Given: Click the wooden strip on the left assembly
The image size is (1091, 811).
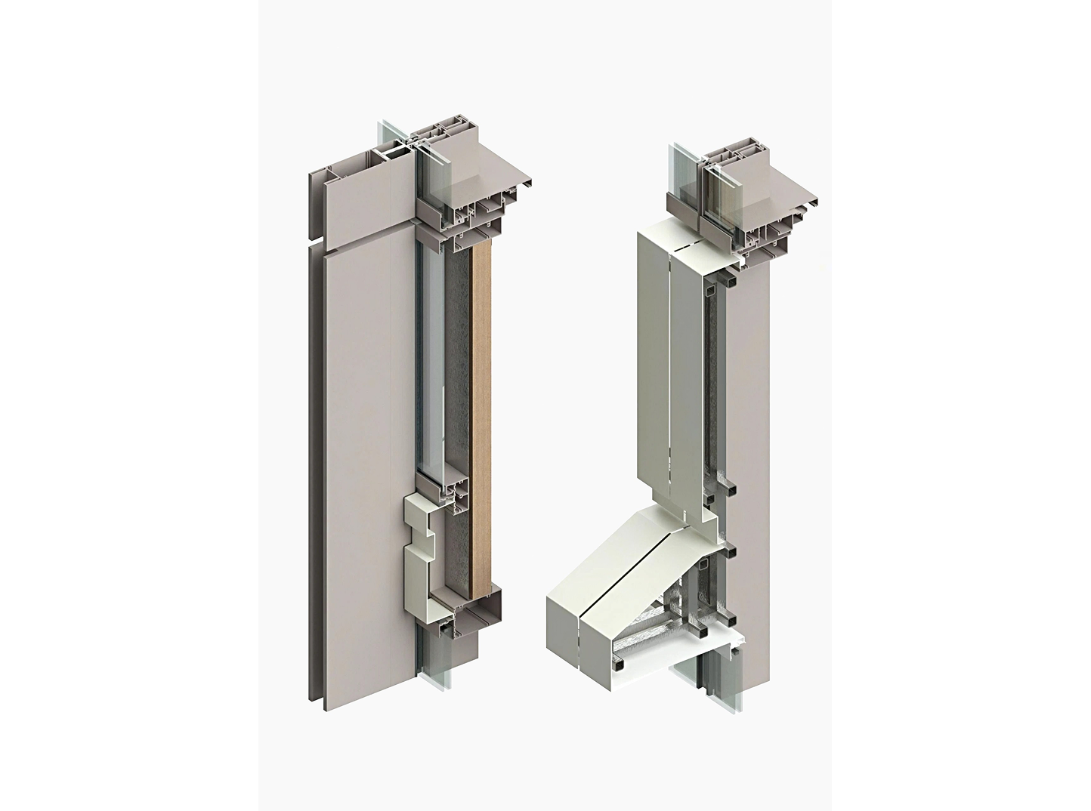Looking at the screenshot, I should coord(481,423).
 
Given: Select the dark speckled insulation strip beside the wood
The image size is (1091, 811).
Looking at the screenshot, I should coord(458,378).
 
